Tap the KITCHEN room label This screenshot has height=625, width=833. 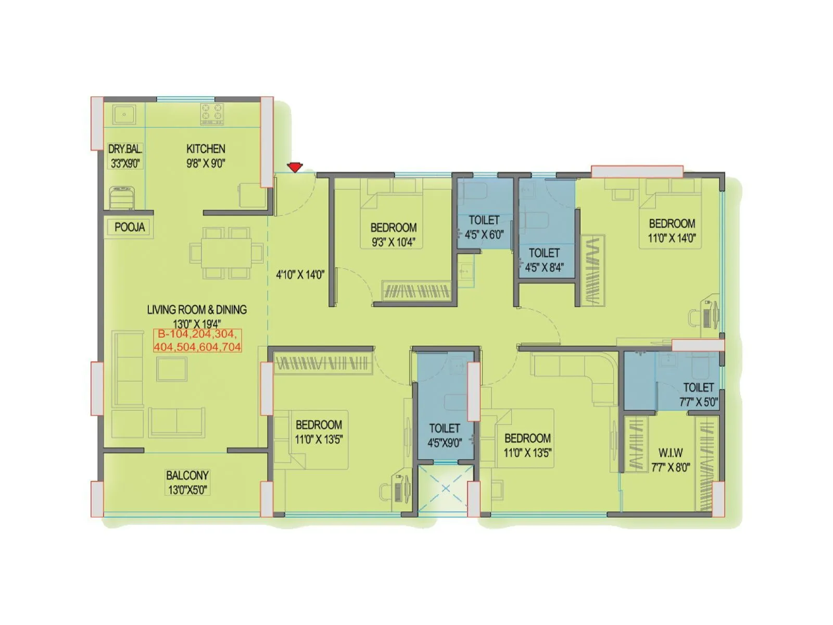tap(206, 149)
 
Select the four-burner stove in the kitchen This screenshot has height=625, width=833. tap(212, 114)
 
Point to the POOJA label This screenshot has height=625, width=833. tap(130, 227)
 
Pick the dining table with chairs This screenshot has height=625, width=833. tap(226, 253)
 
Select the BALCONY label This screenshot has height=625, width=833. tap(187, 476)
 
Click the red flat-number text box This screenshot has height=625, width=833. tap(197, 341)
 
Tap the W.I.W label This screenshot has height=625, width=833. tap(671, 453)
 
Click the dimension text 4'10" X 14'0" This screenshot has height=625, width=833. tap(300, 274)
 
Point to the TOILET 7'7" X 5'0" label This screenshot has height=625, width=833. tap(699, 388)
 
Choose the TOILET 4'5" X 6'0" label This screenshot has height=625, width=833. tap(484, 220)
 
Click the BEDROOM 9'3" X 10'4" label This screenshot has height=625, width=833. tap(394, 228)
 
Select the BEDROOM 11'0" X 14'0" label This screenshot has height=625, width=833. tap(672, 224)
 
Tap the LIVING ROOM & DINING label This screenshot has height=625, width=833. tap(197, 310)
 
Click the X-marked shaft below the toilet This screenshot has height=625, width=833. tap(446, 489)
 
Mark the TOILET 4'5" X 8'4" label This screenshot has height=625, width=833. tap(544, 253)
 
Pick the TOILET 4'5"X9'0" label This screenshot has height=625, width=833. tap(445, 429)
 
